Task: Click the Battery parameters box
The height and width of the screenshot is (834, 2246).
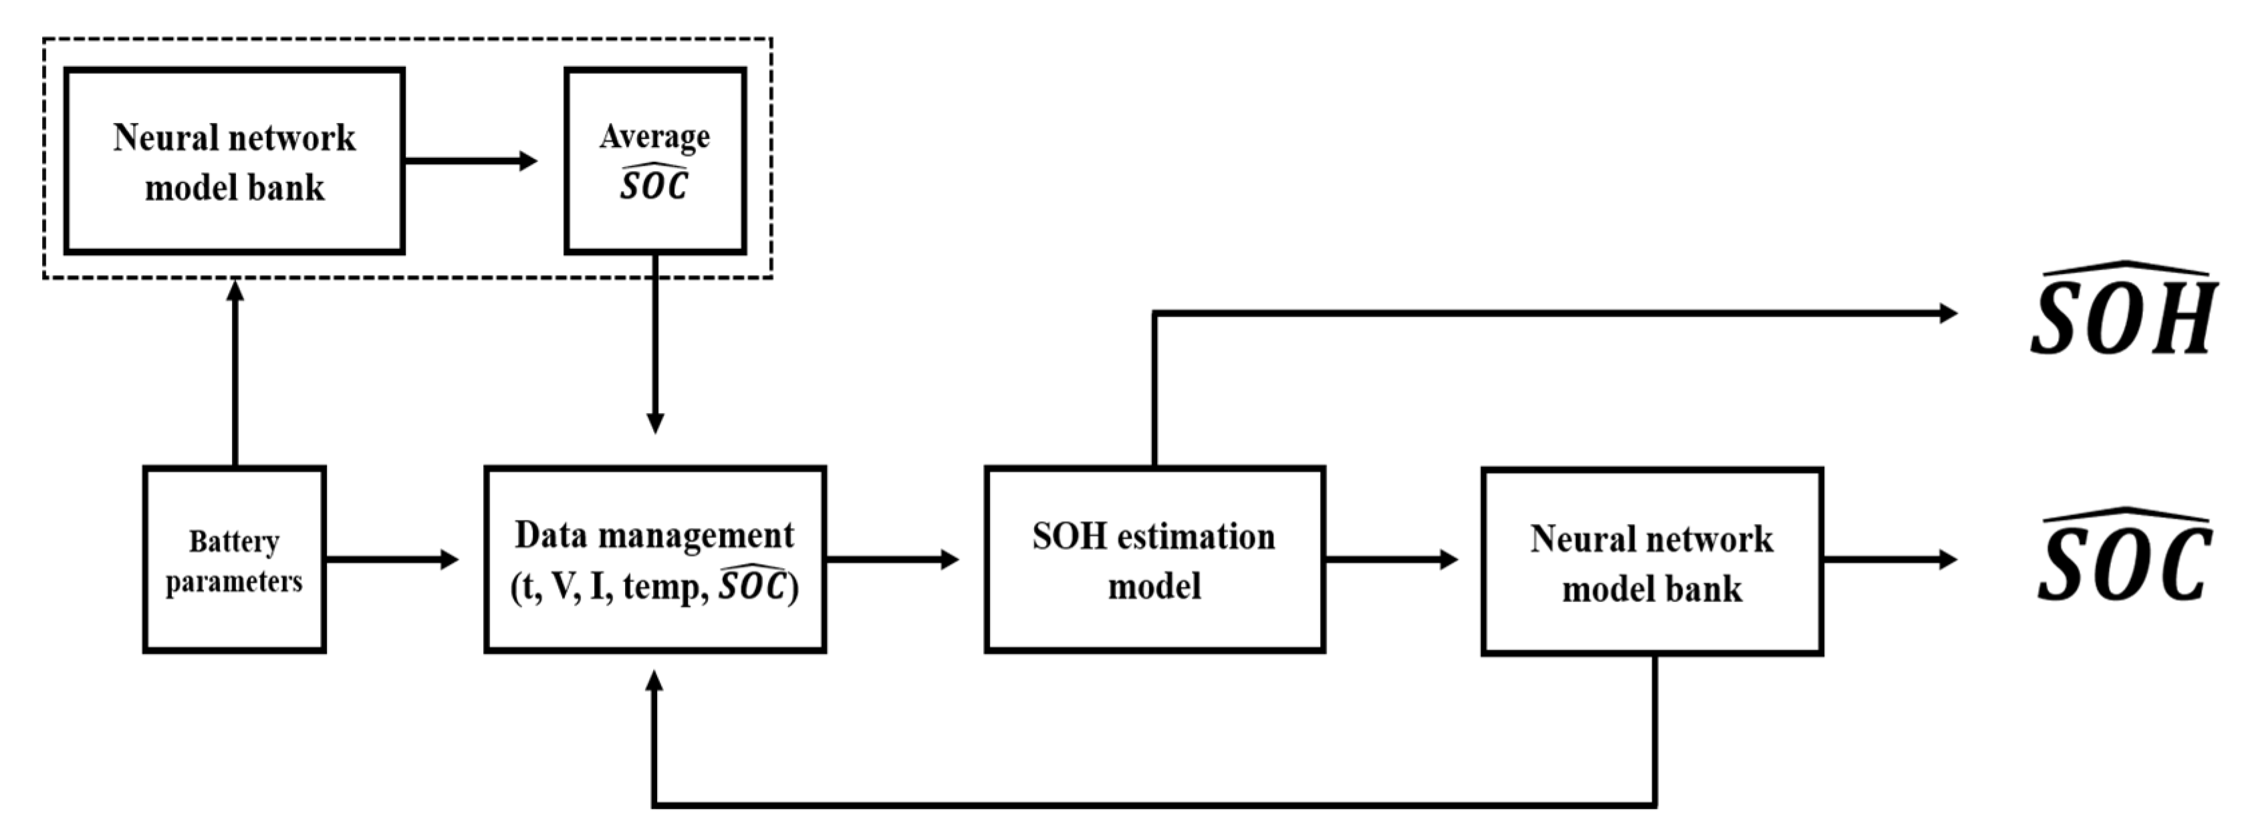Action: [234, 559]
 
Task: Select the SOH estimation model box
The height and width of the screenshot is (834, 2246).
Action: [1154, 559]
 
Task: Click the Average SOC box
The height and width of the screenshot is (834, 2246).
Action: [655, 161]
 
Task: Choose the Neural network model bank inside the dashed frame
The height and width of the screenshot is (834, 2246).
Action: [234, 161]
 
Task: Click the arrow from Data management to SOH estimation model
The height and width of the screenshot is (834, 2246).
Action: [891, 559]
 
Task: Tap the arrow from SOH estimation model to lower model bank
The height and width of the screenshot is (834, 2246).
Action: [1390, 559]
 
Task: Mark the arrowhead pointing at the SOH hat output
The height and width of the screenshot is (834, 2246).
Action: [1948, 313]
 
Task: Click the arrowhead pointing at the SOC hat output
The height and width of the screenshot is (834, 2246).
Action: [1948, 559]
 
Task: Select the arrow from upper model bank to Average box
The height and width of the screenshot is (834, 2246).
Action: [471, 161]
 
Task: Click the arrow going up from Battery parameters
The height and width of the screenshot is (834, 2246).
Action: [235, 375]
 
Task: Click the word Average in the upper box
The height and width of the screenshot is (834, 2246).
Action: [655, 137]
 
